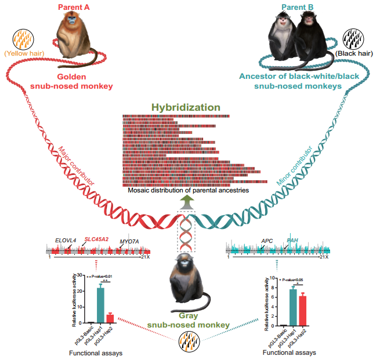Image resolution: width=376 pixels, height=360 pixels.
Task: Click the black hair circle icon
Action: click(353, 39)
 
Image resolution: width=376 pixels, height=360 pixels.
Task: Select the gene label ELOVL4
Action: click(66, 238)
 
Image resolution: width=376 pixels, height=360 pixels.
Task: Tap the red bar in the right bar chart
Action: click(302, 311)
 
